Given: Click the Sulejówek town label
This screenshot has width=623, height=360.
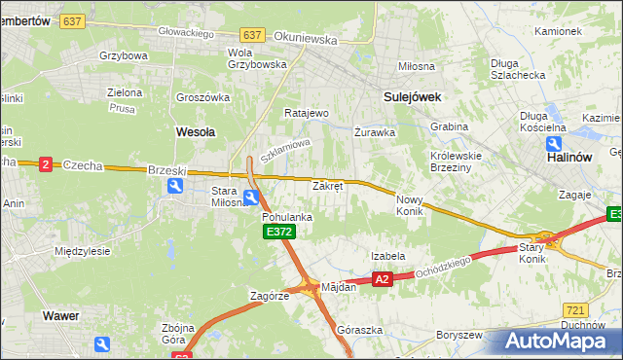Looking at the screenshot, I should coord(413,96).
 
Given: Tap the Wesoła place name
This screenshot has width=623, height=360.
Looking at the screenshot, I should coord(195,130).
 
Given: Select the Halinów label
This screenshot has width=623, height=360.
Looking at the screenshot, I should coord(569,156).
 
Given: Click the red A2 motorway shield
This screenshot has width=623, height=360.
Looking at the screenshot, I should coord(382,279).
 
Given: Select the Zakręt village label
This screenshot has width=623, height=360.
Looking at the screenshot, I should coord(327,186).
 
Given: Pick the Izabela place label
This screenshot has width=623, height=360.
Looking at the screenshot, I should coord(387,256).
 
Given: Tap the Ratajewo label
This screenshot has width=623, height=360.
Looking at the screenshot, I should coord(306,113).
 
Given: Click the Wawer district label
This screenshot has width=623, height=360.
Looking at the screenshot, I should coord(60,315).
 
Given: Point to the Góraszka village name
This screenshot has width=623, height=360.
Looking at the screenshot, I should coord(358,330).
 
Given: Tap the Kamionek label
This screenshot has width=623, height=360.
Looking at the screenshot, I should coord(558,31).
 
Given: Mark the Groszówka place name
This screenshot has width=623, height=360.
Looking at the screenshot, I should coord(202,97).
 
